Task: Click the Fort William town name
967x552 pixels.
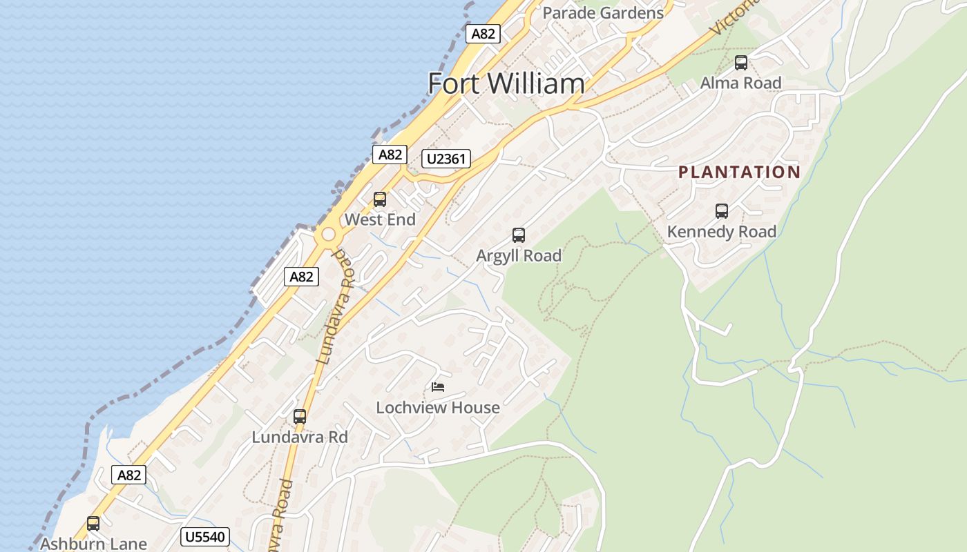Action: pos(506,83)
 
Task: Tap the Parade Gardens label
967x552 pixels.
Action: pos(603,12)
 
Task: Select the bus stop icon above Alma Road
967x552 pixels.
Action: pos(741,63)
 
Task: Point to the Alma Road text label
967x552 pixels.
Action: pos(741,83)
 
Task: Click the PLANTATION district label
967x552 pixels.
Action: pos(739,172)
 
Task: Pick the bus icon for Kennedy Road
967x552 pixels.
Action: pos(722,211)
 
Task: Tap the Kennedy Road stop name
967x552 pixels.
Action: pos(722,232)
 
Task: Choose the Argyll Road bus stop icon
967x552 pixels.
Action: pos(519,235)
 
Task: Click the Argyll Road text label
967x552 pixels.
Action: pos(519,256)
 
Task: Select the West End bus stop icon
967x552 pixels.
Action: pos(380,199)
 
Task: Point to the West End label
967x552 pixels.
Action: pos(380,220)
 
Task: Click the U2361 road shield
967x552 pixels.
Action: pos(447,159)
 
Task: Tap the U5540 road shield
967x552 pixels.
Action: pos(206,536)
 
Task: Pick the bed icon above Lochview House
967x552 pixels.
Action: pos(438,387)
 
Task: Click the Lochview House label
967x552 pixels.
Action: pos(438,408)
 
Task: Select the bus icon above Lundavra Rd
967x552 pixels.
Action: pos(300,417)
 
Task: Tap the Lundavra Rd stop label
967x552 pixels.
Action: pos(300,437)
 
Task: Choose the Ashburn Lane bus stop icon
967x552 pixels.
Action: pos(93,524)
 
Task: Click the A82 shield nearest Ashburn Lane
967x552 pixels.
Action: pos(129,475)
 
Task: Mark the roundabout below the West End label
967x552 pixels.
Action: pos(328,235)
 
